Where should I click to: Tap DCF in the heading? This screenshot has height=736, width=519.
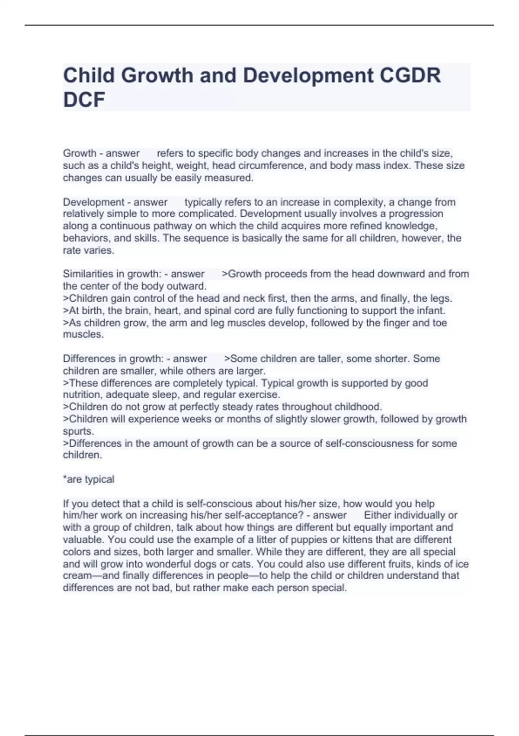pyautogui.click(x=84, y=100)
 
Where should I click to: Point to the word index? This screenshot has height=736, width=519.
pyautogui.click(x=396, y=165)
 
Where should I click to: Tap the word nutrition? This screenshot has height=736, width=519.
pyautogui.click(x=82, y=395)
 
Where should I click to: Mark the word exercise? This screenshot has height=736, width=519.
pyautogui.click(x=260, y=395)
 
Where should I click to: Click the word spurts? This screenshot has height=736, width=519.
pyautogui.click(x=78, y=431)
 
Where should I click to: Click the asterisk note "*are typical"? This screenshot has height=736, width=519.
pyautogui.click(x=89, y=479)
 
